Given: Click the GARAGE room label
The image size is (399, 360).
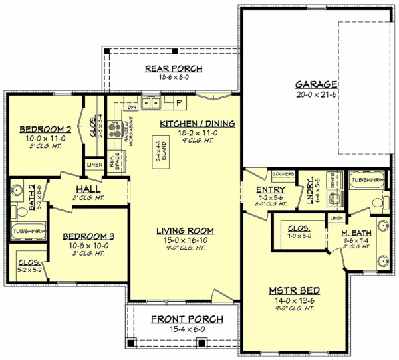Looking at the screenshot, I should (317, 84).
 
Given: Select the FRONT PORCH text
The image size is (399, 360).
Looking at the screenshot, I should (186, 319).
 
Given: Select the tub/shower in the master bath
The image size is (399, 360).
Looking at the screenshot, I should (367, 179).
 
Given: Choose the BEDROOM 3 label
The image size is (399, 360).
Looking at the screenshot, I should (88, 236).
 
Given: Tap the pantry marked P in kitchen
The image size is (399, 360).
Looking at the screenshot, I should (179, 102).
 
